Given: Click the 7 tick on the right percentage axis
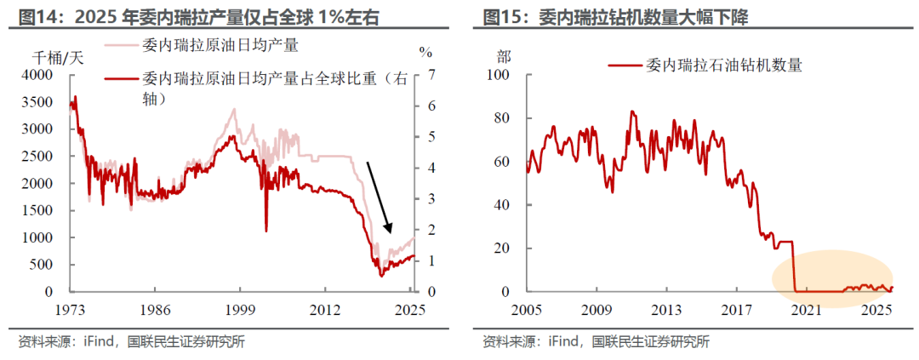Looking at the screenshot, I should click(x=432, y=75).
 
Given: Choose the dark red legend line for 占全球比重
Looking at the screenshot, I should click(x=122, y=80).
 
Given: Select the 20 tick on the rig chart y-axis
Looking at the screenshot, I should click(x=501, y=249).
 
